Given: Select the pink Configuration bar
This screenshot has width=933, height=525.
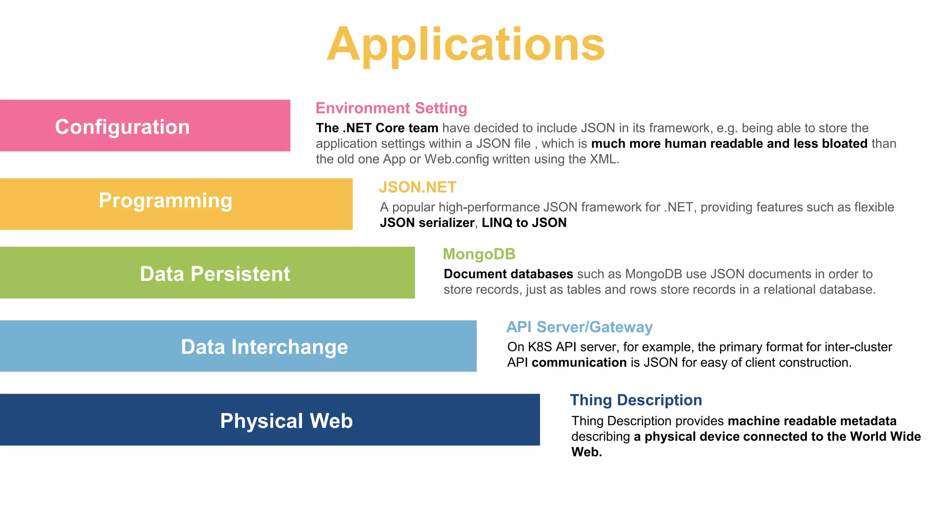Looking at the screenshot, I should (x=145, y=126).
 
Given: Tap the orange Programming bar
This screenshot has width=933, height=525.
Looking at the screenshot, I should (x=176, y=203).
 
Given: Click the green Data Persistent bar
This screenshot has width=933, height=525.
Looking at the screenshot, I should (x=207, y=273).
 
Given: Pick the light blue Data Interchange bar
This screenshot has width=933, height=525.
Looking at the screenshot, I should (x=238, y=346).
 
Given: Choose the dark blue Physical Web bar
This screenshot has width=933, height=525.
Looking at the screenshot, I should (x=270, y=420).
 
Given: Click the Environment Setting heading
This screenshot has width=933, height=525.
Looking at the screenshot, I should (x=391, y=108).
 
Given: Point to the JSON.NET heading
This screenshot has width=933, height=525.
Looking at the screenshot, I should (x=417, y=187).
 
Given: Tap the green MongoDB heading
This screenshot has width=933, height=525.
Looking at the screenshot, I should (x=479, y=254).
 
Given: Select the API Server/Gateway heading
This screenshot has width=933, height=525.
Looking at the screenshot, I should (x=579, y=327).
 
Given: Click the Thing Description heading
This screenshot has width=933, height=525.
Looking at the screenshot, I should (x=636, y=400).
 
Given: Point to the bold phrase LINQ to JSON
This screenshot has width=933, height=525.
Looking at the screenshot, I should (x=524, y=223).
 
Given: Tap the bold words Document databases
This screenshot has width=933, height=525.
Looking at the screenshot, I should (x=508, y=274).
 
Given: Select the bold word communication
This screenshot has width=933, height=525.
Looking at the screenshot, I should (x=579, y=363).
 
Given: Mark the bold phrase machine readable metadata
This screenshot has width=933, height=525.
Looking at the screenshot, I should (x=812, y=421).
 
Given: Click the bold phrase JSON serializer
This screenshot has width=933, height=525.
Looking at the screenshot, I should (x=427, y=223).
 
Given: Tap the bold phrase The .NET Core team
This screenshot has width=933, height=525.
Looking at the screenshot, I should (x=377, y=128).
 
